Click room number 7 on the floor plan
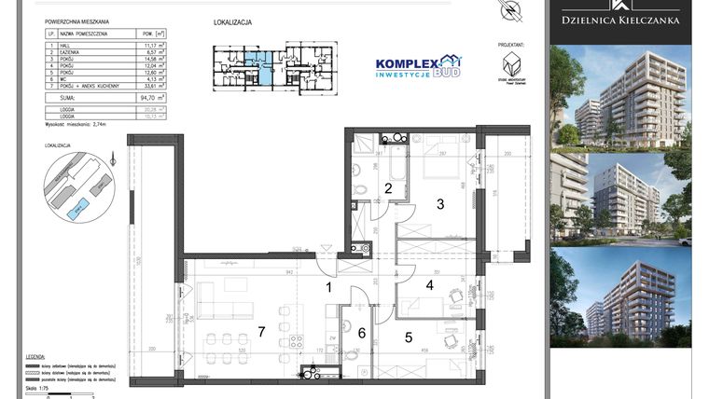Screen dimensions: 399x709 pos(261,331)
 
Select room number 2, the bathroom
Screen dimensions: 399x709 pos(387,188)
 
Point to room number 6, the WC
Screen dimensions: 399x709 pos(360,332)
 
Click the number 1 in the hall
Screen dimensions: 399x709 pos(328,288)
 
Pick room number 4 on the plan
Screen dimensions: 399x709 pos(430,285)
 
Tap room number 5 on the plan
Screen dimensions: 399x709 pos(407,337)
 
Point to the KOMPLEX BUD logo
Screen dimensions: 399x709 pos(416,67)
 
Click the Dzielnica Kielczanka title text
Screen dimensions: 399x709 pos(619,19)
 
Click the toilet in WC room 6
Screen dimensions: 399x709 pos(358,353)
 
